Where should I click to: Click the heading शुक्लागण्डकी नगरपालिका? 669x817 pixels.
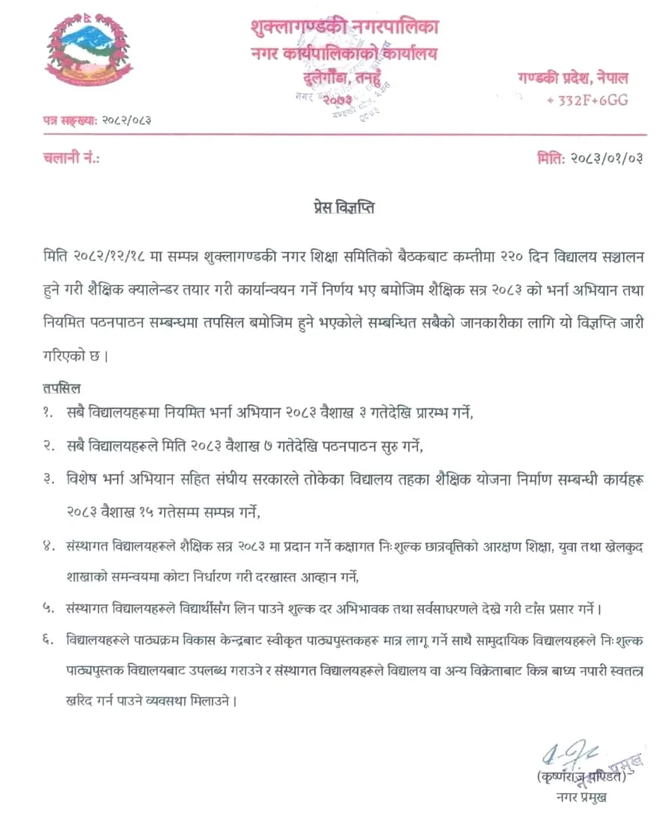click(x=345, y=27)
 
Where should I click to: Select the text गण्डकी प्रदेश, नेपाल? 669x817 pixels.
click(x=572, y=77)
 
